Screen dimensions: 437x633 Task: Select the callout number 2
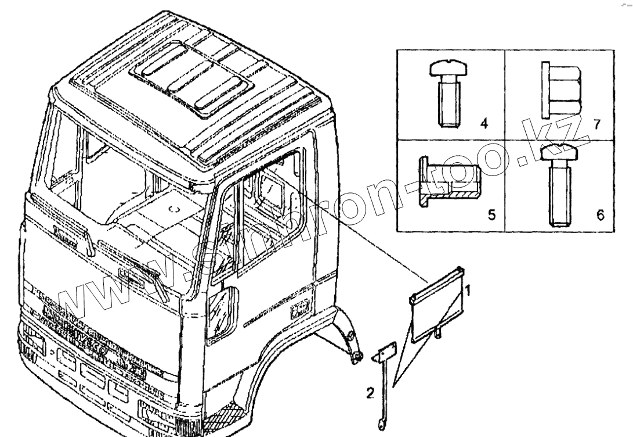coord(370,393)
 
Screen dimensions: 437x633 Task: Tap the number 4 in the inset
coord(484,123)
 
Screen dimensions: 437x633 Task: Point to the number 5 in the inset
coord(491,215)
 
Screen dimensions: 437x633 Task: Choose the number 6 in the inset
coord(600,215)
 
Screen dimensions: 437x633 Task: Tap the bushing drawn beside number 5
coord(448,182)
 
